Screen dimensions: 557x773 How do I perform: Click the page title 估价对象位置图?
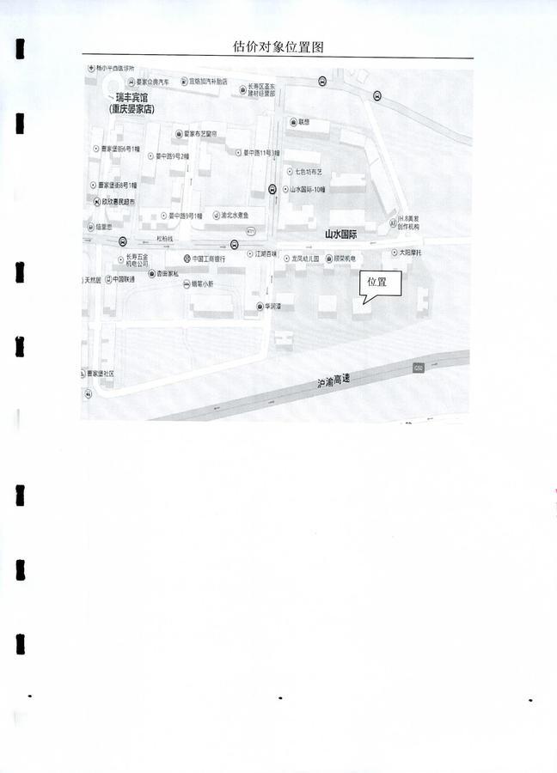[x=278, y=47]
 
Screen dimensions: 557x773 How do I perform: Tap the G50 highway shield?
[x=419, y=368]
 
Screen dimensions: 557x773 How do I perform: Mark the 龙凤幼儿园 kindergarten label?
[x=303, y=258]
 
